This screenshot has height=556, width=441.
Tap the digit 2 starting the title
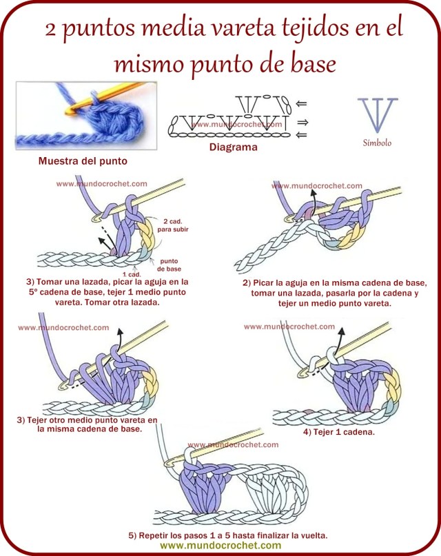point(52,30)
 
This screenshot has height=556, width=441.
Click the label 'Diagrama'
point(233,147)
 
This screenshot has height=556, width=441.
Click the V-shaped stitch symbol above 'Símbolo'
point(377,114)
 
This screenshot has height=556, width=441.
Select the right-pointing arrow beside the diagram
point(301,122)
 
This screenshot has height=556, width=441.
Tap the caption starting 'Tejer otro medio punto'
point(88,424)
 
